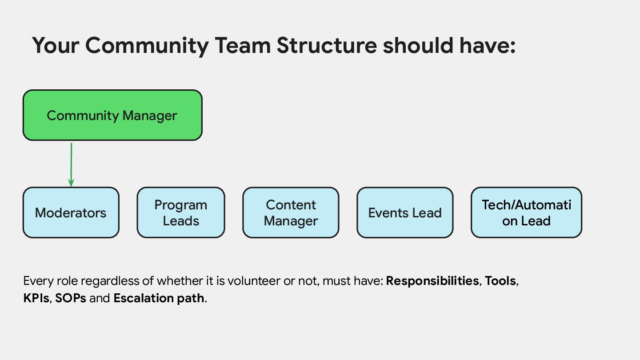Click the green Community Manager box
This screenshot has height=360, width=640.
coord(112,116)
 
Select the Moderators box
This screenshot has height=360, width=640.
coord(71,212)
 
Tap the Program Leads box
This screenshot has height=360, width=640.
coord(181,212)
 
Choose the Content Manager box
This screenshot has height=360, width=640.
coord(291,212)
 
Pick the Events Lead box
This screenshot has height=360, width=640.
coord(405,212)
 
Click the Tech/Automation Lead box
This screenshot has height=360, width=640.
coord(526,212)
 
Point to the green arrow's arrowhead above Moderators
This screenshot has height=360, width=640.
coord(71,183)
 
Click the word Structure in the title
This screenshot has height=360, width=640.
coord(327,45)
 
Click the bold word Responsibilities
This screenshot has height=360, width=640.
coord(432,281)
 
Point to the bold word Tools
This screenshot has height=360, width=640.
coord(500,281)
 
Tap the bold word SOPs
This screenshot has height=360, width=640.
coord(70,298)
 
